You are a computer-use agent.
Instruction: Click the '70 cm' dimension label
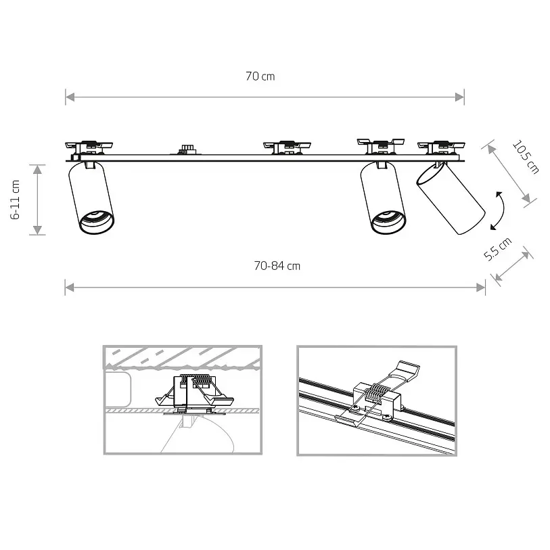pyautogui.click(x=260, y=76)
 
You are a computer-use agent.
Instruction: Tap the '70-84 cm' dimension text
pyautogui.click(x=277, y=266)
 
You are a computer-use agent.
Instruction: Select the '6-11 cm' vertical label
pyautogui.click(x=15, y=200)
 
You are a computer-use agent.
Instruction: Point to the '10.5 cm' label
pyautogui.click(x=526, y=157)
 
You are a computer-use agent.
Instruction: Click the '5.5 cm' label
pyautogui.click(x=497, y=249)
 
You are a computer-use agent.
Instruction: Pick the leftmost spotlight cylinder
pyautogui.click(x=91, y=198)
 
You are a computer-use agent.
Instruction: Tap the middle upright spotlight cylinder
pyautogui.click(x=384, y=198)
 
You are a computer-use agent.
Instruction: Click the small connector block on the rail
pyautogui.click(x=185, y=150)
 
